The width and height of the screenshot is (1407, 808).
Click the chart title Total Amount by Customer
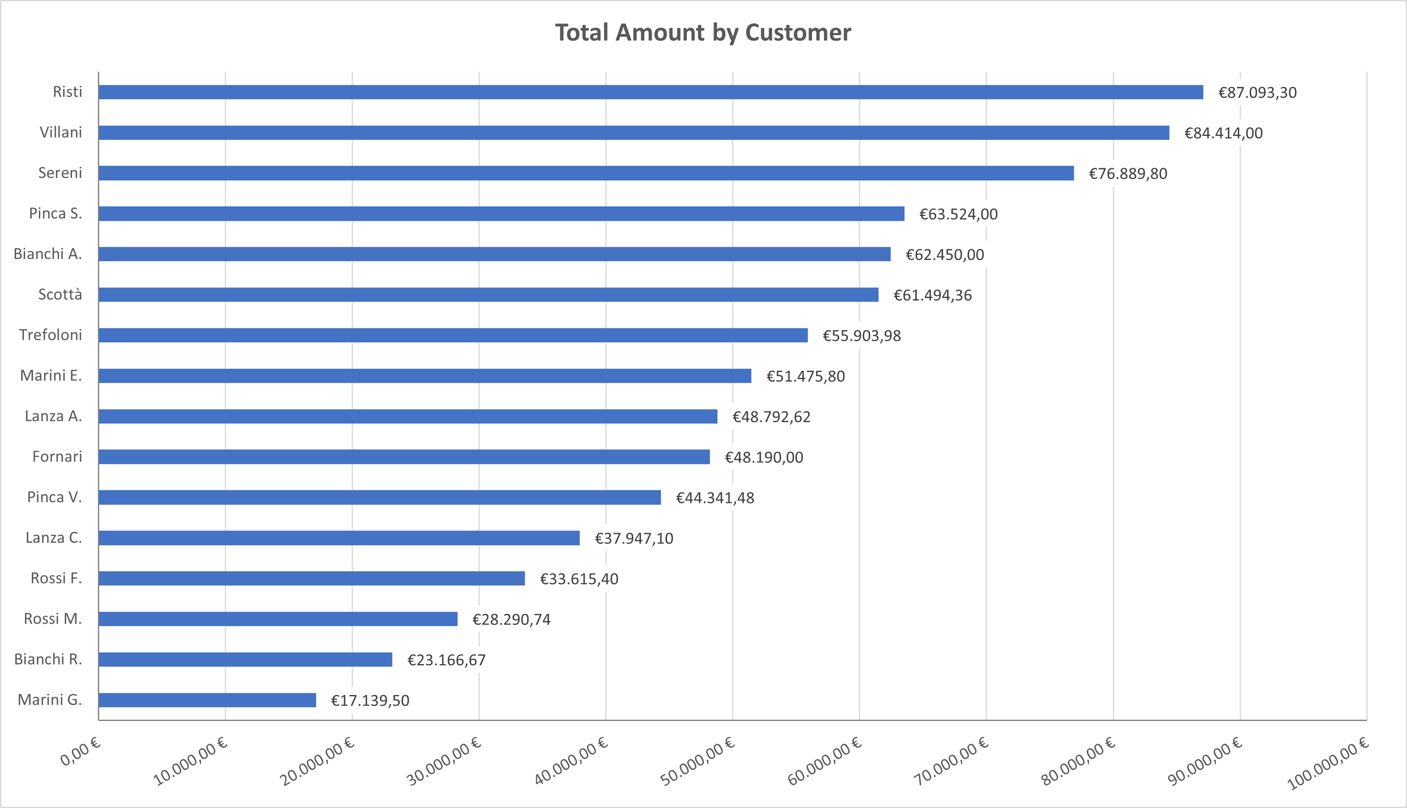703,33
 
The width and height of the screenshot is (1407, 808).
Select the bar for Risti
650,92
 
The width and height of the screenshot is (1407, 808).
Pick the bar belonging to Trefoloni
453,335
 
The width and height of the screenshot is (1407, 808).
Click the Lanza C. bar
339,538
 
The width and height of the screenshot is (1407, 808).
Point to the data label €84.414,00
1223,133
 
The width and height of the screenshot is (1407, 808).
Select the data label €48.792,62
771,417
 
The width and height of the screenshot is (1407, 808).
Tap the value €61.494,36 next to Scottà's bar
932,295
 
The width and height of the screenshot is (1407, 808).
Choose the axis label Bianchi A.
48,254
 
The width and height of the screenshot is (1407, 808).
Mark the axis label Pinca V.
54,497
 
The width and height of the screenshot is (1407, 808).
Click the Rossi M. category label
53,619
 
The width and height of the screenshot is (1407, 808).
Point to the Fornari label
57,457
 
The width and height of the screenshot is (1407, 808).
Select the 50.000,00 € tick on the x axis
698,762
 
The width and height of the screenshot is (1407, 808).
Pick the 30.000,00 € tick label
444,762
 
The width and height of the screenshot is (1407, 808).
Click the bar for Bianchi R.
245,659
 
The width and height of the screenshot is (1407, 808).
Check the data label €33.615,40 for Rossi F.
579,579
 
